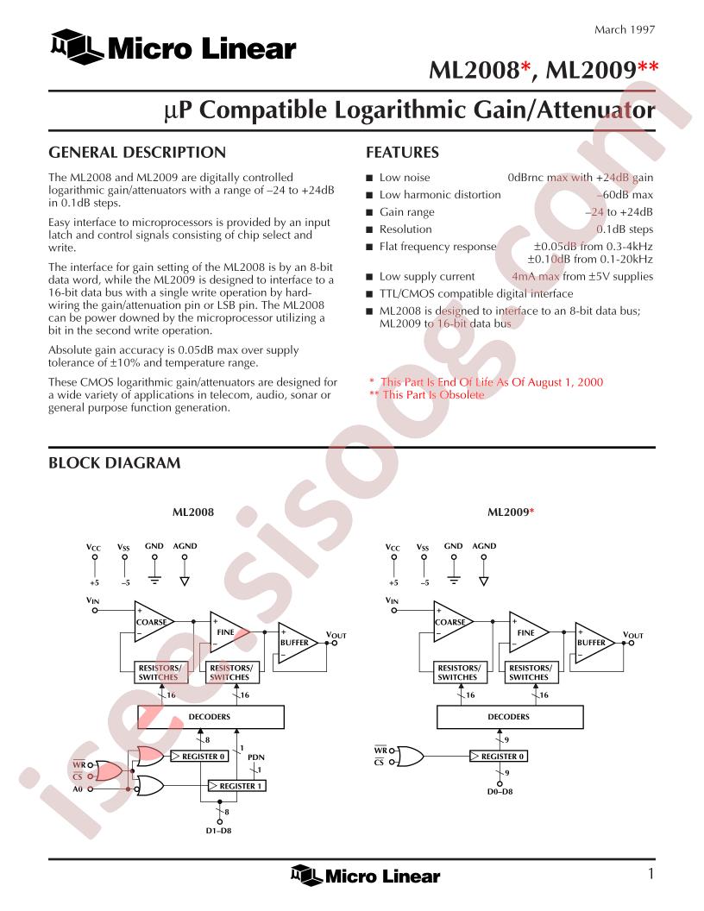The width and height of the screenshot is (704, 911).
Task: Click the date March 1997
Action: point(625,29)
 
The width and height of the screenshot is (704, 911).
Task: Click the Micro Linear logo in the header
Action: point(173,47)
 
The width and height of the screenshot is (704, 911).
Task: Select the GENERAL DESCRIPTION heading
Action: point(137,153)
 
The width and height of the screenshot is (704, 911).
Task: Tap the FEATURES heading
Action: point(402,153)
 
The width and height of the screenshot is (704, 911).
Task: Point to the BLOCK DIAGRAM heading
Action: point(115,463)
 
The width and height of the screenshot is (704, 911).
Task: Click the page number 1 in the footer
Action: point(651,873)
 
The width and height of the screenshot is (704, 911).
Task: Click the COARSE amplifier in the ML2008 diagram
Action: point(152,622)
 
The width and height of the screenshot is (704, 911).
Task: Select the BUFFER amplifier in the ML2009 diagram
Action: point(593,642)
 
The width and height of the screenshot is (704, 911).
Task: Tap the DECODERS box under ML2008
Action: point(211,717)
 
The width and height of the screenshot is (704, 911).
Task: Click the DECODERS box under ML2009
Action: point(509,717)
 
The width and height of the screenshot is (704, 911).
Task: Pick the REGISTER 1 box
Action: point(237,786)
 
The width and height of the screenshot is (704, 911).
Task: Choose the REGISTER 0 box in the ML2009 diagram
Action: point(499,757)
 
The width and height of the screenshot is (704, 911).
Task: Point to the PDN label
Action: point(256,757)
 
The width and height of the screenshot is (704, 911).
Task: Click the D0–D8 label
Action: point(500,791)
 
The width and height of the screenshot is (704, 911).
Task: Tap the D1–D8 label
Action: point(219,831)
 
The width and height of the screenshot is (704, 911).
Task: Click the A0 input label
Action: point(78,789)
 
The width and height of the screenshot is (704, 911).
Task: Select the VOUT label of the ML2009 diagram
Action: point(632,635)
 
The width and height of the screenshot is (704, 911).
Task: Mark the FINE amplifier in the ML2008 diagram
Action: point(228,632)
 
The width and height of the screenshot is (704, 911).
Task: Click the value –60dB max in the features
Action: point(625,195)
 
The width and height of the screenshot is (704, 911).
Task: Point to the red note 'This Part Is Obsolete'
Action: point(426,395)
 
